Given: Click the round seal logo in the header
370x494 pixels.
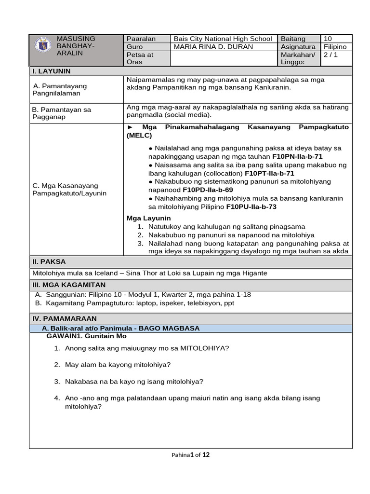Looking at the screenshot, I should tap(42, 45).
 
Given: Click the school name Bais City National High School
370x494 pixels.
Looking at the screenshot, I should tap(223, 39).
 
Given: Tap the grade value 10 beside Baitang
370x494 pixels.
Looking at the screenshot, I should tap(328, 39).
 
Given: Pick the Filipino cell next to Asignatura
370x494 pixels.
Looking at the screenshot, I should tap(335, 47).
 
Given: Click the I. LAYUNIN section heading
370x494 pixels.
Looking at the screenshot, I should tap(52, 71).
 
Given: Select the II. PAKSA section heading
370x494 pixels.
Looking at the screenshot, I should tap(49, 261).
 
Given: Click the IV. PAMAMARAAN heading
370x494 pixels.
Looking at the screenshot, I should tap(65, 318).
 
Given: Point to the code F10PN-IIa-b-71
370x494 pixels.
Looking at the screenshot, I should tap(297, 157).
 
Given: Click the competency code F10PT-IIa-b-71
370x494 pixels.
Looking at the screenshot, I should tap(269, 173).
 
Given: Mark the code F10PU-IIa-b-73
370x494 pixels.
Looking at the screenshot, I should tap(251, 206).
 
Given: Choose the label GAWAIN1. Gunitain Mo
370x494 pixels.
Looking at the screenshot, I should tap(86, 336).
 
